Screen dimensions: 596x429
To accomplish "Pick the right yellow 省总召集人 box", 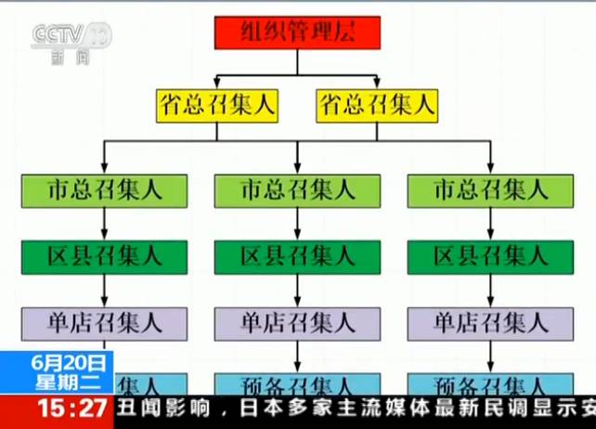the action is click(376, 106).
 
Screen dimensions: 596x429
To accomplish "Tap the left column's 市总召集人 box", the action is click(105, 190).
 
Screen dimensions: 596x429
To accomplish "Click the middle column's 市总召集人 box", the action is click(297, 190).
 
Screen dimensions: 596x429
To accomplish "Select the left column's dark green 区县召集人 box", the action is click(105, 256).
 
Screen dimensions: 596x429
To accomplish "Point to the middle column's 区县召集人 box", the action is click(297, 256).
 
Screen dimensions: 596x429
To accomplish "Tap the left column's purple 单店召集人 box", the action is click(105, 323).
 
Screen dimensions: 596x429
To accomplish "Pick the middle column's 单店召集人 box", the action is click(297, 323).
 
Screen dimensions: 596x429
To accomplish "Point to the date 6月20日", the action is click(57, 362).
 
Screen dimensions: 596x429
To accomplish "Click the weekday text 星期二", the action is click(57, 381).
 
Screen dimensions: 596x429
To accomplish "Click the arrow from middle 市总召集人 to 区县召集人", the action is click(297, 224).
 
